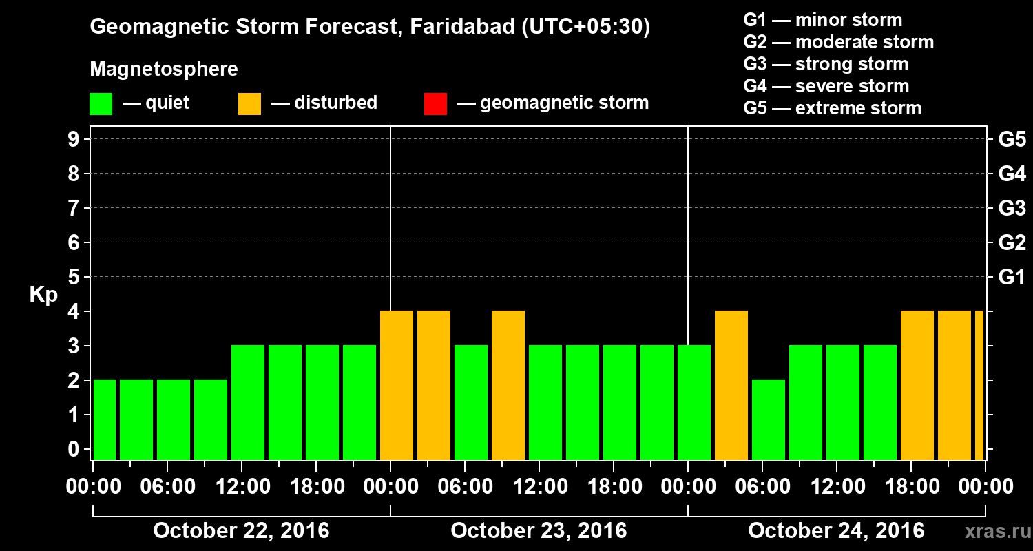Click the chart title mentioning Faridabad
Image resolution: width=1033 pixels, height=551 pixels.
point(370,27)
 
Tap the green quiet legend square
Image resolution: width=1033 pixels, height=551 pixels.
point(101,104)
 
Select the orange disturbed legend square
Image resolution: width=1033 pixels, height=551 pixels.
point(249,104)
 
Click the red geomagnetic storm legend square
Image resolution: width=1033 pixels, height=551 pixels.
point(435,104)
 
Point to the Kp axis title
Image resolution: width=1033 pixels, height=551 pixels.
point(43,295)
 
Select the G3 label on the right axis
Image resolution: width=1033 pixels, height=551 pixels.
point(1012,208)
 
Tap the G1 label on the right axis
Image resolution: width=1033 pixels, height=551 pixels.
point(1012,277)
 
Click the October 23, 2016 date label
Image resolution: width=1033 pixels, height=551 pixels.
point(539,531)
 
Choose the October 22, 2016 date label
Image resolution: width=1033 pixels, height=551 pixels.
point(241,531)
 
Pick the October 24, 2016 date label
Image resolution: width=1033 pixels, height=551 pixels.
point(836,531)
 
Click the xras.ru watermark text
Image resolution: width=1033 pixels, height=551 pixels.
point(992,532)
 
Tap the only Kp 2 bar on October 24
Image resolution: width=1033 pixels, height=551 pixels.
point(769,419)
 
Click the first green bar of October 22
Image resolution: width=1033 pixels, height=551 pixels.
point(105,419)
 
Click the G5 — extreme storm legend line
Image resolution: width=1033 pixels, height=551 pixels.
point(832,108)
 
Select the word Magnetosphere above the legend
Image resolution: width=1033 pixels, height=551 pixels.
point(164,70)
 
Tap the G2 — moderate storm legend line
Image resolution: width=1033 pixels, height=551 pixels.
point(838,42)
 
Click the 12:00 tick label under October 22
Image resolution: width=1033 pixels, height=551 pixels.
point(242,487)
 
